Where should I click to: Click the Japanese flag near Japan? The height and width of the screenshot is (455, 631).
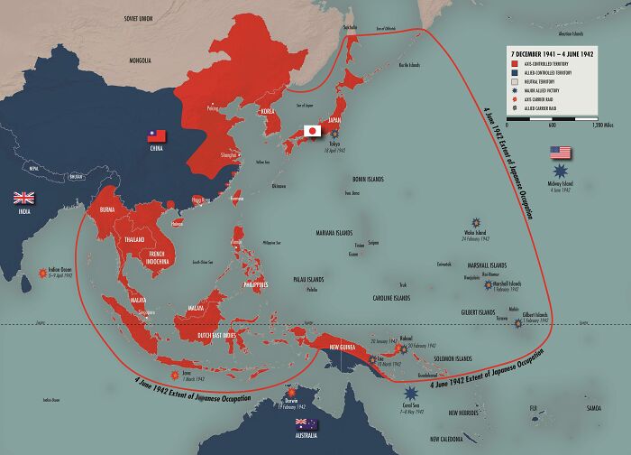[313, 131]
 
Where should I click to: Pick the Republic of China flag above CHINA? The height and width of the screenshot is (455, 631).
[159, 135]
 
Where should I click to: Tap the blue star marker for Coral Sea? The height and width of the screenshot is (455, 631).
[411, 394]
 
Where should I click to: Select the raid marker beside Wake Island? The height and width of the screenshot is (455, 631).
[475, 222]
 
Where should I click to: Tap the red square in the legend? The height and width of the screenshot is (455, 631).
[513, 65]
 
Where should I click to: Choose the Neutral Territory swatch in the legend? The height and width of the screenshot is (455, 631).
[513, 82]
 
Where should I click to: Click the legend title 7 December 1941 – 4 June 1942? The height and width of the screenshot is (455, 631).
[551, 53]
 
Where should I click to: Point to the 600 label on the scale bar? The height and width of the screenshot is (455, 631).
[552, 125]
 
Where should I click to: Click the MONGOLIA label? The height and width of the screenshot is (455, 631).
[140, 60]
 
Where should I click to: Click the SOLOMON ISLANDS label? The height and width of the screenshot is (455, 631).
[451, 358]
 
